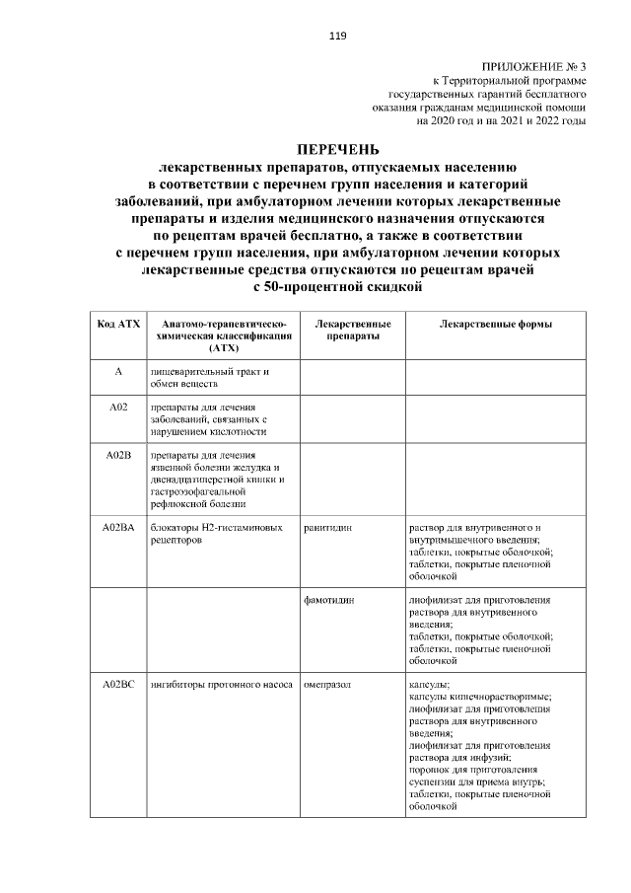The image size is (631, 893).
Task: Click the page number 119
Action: tap(337, 37)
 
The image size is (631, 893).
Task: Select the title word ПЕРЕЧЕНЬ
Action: tap(337, 150)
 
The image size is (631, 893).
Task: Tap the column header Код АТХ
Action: tap(117, 324)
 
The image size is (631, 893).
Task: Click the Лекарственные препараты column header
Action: tap(352, 330)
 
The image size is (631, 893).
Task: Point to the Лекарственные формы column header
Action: tap(496, 324)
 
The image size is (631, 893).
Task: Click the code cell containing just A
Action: tap(117, 372)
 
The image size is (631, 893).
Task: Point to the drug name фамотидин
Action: tap(329, 600)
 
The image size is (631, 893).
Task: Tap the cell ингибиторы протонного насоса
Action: tap(221, 684)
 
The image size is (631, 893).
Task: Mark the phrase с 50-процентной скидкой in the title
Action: tap(337, 287)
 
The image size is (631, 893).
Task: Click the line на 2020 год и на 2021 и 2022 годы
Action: tap(502, 120)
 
